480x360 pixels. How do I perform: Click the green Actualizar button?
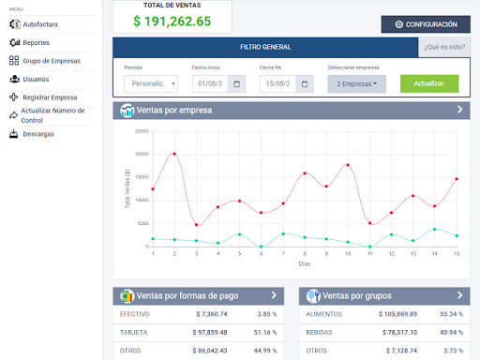[428, 83]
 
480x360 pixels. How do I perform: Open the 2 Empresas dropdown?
[357, 83]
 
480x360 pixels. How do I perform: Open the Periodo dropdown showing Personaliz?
[151, 83]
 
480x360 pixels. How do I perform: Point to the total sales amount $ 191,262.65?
[172, 21]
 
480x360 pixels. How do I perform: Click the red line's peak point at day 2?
[174, 154]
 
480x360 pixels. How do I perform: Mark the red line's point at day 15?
[457, 179]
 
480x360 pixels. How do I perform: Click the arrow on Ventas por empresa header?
[459, 110]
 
